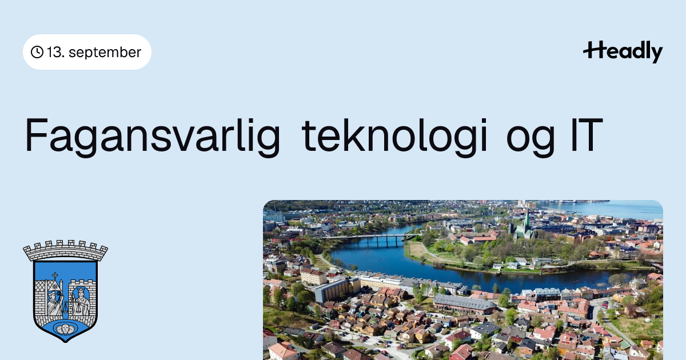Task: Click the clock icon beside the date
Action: click(x=37, y=52)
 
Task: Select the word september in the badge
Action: click(x=105, y=53)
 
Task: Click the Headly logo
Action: click(x=623, y=51)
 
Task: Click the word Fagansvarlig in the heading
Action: click(x=153, y=135)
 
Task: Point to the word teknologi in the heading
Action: click(x=394, y=135)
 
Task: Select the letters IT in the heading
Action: click(x=587, y=135)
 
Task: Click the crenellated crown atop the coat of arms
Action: click(x=65, y=250)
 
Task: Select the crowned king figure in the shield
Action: click(x=81, y=301)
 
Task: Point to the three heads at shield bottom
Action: click(x=65, y=329)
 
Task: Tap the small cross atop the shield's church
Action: click(x=55, y=276)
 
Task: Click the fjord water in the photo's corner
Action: click(x=612, y=209)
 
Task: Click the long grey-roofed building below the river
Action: click(x=464, y=303)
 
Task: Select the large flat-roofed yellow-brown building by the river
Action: click(x=336, y=289)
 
